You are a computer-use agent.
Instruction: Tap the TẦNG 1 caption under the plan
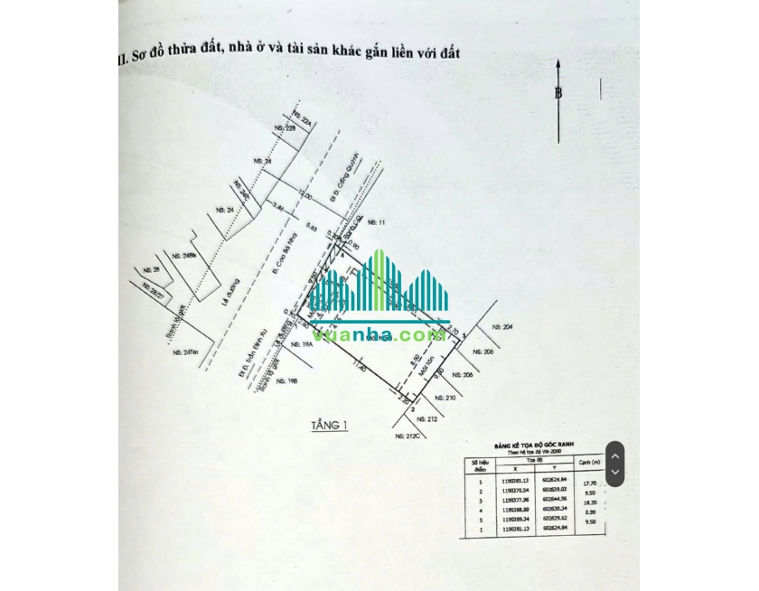click(329, 425)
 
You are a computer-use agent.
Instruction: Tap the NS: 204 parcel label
click(502, 327)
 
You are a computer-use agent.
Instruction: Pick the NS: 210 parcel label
click(445, 397)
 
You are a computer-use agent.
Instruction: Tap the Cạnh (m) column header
click(590, 464)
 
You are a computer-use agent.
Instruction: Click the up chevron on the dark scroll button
click(614, 455)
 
